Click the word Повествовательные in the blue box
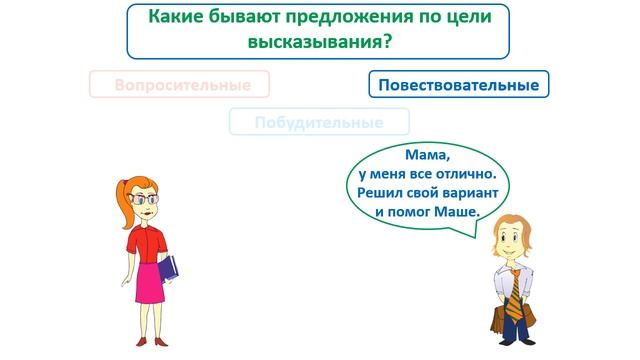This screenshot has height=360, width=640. click(x=459, y=85)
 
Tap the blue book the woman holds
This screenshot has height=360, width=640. click(x=169, y=268)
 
